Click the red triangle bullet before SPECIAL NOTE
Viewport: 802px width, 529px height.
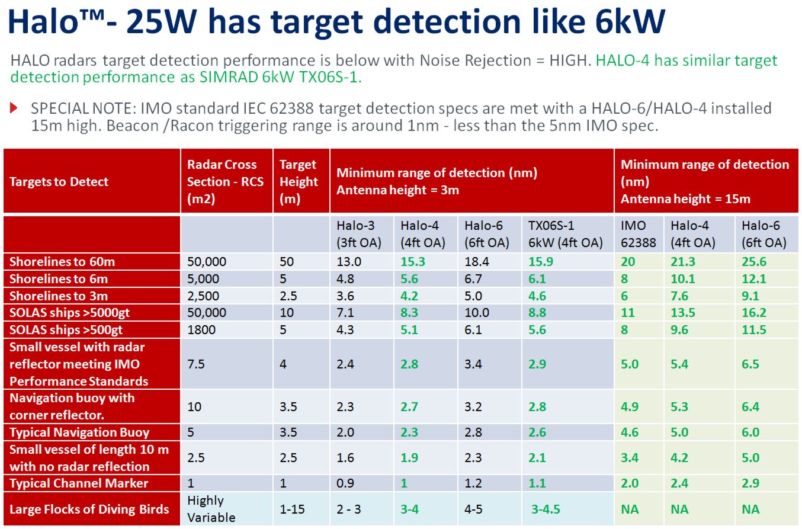(x=14, y=107)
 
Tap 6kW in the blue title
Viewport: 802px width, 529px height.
(x=630, y=21)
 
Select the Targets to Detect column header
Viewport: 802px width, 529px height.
(x=59, y=182)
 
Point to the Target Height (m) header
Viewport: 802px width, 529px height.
(x=299, y=182)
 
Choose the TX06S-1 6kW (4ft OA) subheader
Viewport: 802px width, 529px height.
(x=565, y=234)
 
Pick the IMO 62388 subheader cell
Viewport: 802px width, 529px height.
(x=638, y=234)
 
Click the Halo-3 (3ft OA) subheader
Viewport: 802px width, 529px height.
(x=359, y=234)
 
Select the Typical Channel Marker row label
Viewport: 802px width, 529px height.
(x=79, y=483)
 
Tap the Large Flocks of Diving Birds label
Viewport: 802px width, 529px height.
(x=89, y=509)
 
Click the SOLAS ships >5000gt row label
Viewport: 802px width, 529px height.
(x=69, y=313)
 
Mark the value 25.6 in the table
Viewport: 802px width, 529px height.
(x=753, y=262)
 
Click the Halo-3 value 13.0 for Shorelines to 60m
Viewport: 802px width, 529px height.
(x=349, y=262)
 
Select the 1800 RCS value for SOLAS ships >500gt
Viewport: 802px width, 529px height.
(x=201, y=330)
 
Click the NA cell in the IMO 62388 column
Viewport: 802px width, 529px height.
(x=630, y=509)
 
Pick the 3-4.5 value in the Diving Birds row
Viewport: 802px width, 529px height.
(x=546, y=509)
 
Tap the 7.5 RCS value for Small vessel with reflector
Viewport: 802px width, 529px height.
(x=196, y=364)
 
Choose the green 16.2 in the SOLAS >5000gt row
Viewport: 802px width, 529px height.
(x=753, y=313)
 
